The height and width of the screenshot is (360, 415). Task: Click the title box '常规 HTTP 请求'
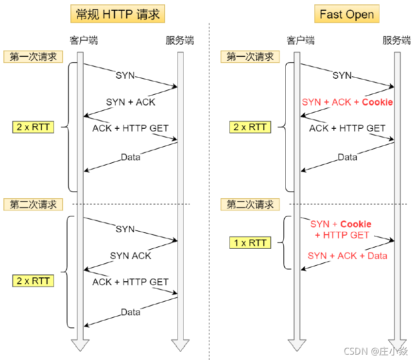coord(118,14)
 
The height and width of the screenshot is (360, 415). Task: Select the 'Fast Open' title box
coord(346,14)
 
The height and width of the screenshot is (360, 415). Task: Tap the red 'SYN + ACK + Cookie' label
coord(347,102)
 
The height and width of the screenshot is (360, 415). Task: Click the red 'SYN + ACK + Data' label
coord(347,256)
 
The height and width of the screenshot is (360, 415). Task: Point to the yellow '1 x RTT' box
coord(250,242)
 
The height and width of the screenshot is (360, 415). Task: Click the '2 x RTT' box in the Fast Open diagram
coord(250,127)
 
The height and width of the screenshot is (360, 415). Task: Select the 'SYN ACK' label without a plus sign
coord(130,256)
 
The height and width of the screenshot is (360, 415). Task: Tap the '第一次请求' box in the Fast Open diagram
coord(250,57)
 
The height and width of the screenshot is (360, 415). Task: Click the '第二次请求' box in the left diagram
coord(33,205)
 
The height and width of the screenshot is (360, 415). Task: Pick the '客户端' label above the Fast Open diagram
coord(301,40)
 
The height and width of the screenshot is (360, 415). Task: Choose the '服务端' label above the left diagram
coord(180,40)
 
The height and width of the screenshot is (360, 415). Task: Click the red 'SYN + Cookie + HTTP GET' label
coord(341,229)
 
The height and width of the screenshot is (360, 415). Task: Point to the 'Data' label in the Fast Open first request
coord(347,157)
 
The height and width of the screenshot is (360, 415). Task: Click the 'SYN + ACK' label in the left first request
coord(130,102)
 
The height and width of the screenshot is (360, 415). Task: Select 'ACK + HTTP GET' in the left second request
coord(130,282)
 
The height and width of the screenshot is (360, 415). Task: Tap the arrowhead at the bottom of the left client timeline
coord(81,345)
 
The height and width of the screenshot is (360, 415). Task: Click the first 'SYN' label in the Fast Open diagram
coord(342,75)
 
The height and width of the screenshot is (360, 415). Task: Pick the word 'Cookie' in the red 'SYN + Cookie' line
coord(356,224)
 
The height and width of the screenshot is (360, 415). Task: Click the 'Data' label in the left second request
coord(130,312)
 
